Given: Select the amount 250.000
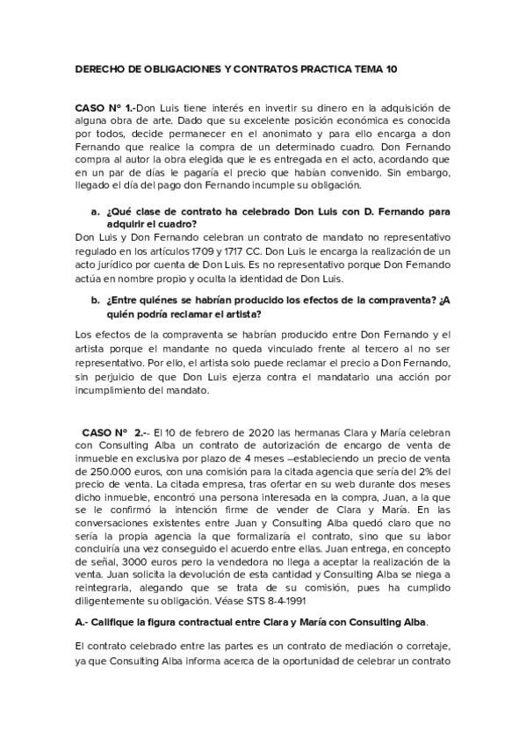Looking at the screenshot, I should click(102, 471).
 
